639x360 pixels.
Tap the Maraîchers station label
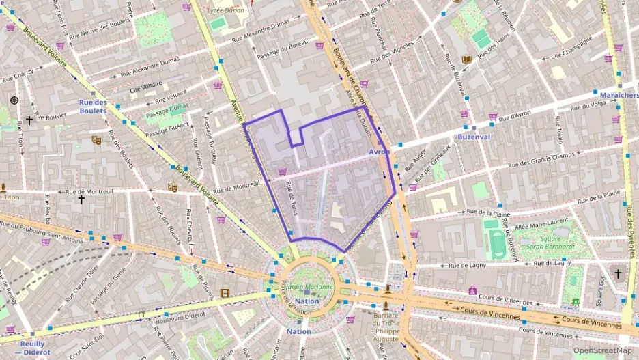click(617, 95)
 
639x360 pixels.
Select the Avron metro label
click(379, 152)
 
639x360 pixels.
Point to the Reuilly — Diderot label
click(28, 348)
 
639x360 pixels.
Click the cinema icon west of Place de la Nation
click(225, 294)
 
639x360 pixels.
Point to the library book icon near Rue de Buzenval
click(467, 60)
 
